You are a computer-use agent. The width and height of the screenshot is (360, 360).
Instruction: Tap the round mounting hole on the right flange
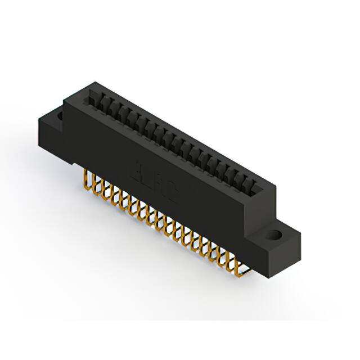pyautogui.click(x=276, y=235)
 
